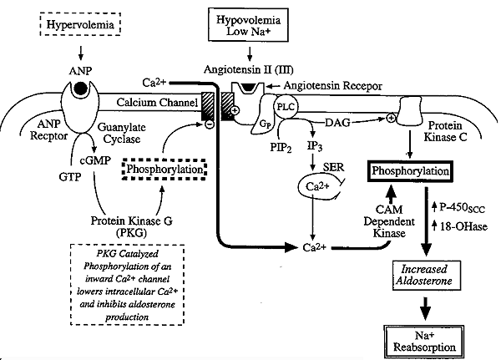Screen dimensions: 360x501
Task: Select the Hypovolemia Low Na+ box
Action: click(251, 25)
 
